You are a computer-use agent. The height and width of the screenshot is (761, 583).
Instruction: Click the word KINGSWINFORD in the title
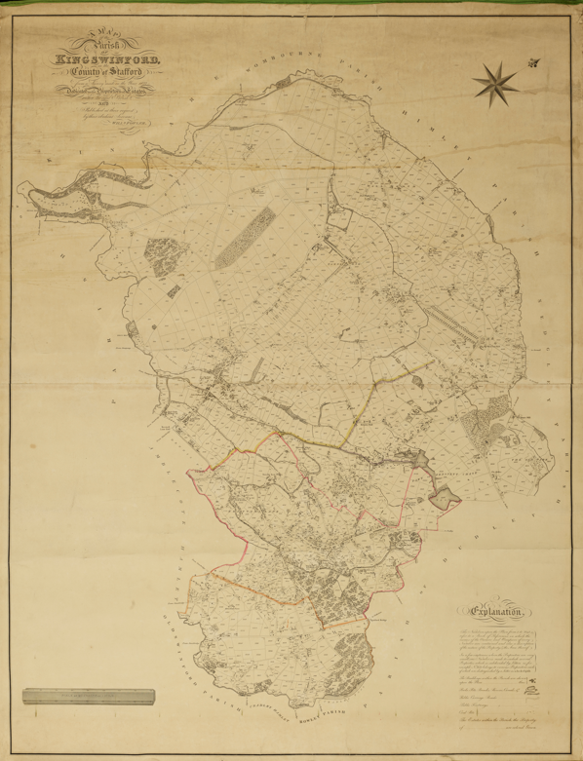coord(109,63)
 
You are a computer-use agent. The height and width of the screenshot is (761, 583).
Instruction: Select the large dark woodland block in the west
coord(157,256)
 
